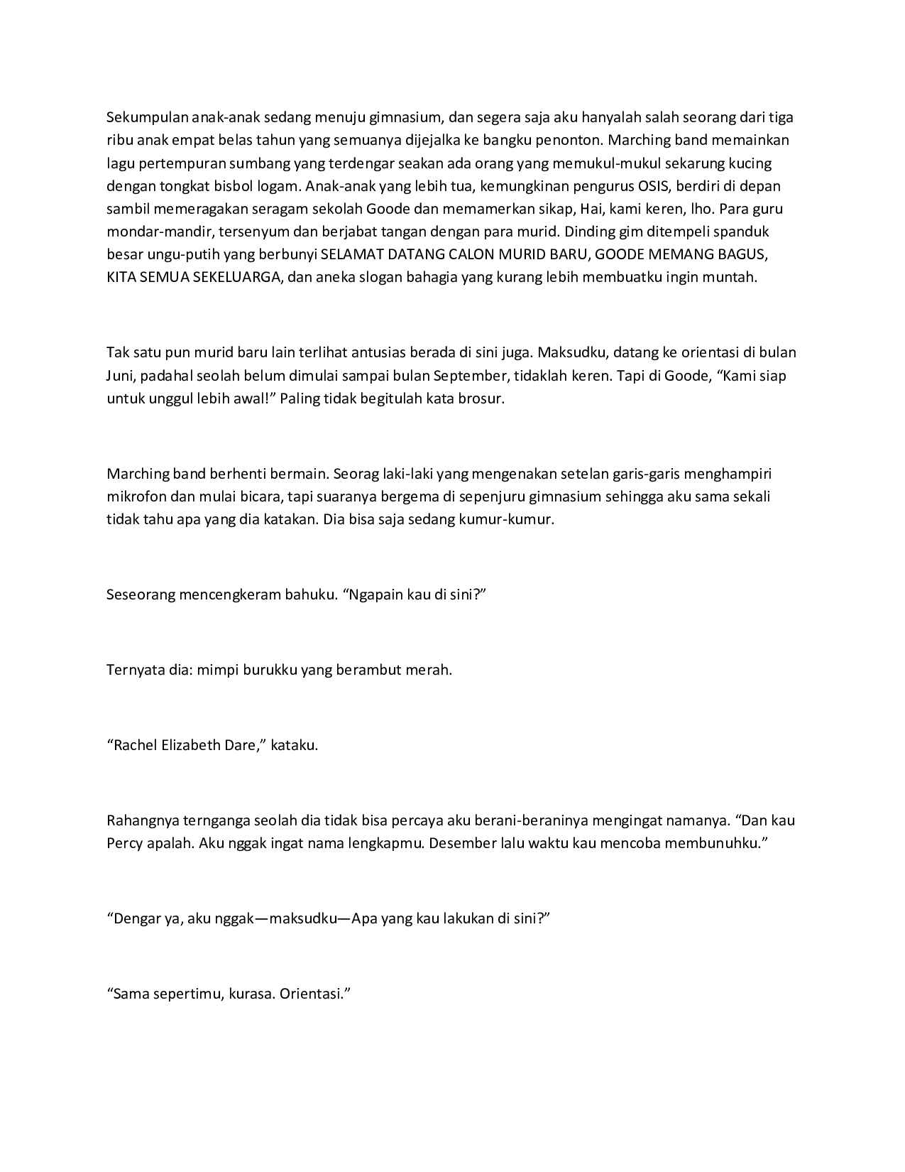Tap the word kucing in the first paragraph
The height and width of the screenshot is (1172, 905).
click(750, 163)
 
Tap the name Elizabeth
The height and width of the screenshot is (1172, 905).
click(190, 746)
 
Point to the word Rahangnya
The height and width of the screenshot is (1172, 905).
click(142, 821)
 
